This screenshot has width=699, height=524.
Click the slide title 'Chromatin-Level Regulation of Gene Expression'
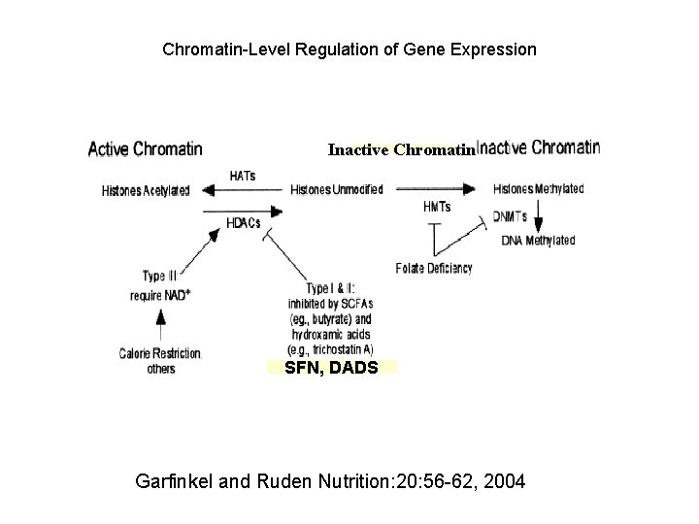(x=349, y=48)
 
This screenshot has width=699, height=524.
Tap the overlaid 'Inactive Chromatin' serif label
(x=401, y=150)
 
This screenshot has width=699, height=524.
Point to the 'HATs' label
(x=243, y=175)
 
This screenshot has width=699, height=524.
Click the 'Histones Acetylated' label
(x=146, y=190)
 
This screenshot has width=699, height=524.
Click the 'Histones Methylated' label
(x=539, y=189)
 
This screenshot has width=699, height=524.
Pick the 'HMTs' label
(x=438, y=207)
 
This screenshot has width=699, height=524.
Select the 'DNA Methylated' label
(x=538, y=240)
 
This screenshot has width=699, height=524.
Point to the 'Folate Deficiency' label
(x=434, y=268)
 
